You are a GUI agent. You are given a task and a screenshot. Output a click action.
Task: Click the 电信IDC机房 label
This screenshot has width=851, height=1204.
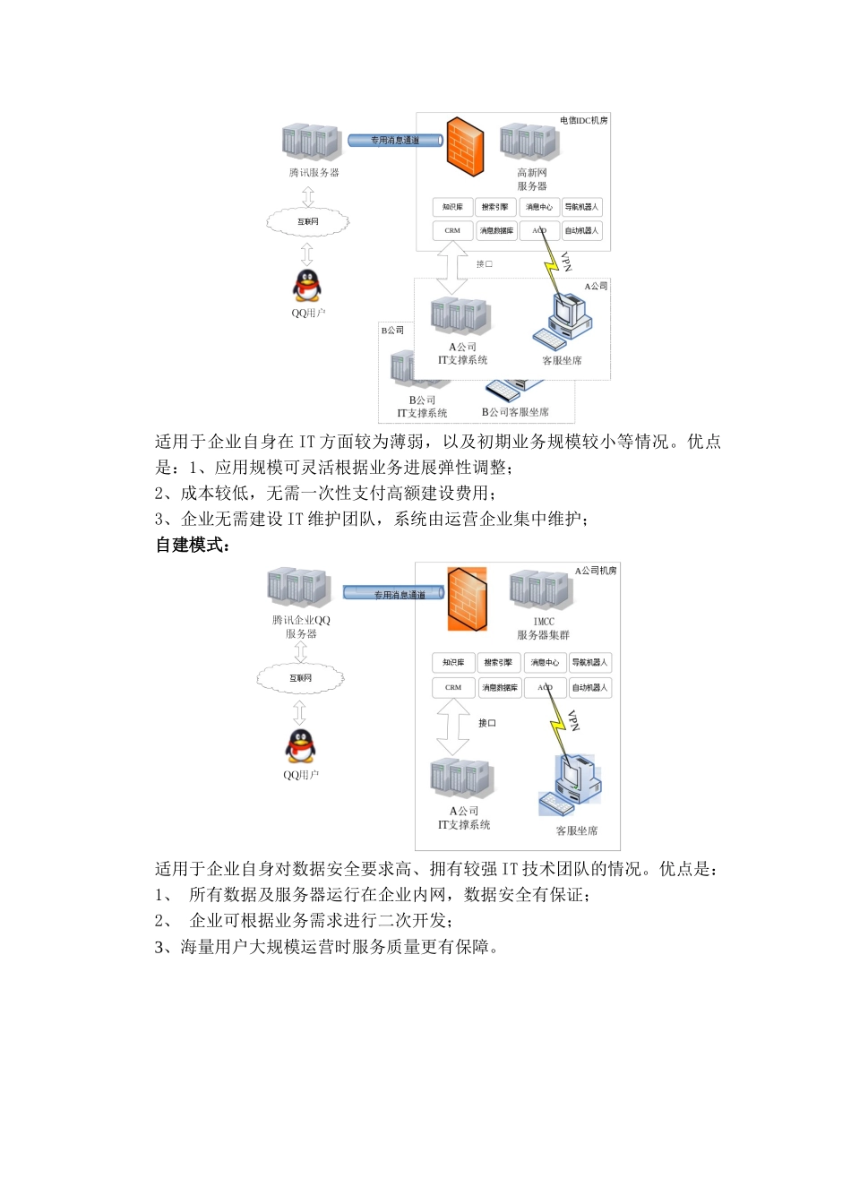(x=583, y=120)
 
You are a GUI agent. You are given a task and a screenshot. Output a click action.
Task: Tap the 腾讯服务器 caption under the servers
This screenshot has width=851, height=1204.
(x=314, y=172)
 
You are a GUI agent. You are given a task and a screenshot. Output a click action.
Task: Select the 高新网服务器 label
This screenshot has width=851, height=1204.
(x=531, y=179)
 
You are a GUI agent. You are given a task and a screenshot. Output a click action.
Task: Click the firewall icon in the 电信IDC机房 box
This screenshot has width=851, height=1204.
(x=464, y=146)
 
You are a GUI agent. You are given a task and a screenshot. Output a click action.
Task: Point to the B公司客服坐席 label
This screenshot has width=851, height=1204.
(x=515, y=412)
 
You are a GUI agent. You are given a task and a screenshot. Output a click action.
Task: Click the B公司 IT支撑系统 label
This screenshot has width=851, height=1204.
(x=422, y=407)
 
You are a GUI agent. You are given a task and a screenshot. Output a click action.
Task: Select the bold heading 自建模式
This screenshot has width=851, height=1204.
(x=193, y=545)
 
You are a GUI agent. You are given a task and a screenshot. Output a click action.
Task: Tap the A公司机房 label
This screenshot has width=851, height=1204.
(x=595, y=570)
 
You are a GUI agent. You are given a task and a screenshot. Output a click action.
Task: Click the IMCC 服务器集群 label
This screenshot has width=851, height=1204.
(x=543, y=628)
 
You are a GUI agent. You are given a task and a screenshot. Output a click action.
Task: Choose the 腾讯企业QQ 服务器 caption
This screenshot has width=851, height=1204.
(x=301, y=626)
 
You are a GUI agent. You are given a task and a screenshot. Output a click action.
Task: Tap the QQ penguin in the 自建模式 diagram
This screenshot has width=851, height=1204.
(x=300, y=745)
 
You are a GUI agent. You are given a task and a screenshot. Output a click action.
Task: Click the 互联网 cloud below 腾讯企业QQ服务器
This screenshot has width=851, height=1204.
(x=300, y=678)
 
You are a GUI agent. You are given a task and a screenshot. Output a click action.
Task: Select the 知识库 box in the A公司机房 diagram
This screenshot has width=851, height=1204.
(x=453, y=663)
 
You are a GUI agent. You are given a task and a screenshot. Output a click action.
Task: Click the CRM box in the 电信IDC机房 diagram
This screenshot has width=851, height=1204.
(x=452, y=230)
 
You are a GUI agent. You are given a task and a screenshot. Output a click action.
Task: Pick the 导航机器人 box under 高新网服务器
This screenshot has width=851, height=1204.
(x=581, y=207)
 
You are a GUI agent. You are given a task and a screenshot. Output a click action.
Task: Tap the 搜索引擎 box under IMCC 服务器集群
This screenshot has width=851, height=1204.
(x=498, y=663)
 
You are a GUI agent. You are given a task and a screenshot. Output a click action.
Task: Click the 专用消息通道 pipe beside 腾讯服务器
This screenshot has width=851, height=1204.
(x=395, y=141)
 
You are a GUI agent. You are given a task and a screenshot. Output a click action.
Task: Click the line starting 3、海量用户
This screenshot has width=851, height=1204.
(x=326, y=947)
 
